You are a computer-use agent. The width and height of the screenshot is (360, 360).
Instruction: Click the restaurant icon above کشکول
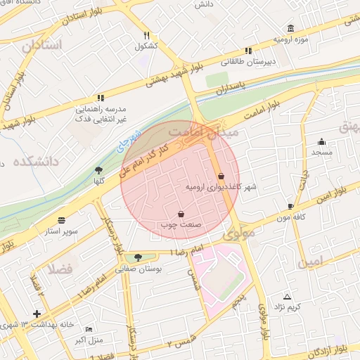[146, 35]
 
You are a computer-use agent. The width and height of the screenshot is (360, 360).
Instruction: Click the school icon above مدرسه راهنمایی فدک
[101, 97]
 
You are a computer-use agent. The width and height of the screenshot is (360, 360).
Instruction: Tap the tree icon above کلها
[98, 170]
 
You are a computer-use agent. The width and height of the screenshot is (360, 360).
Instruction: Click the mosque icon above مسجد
[322, 141]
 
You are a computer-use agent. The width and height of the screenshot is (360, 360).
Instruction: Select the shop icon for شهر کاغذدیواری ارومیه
[221, 176]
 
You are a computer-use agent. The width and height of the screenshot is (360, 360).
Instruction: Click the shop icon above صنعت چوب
[181, 213]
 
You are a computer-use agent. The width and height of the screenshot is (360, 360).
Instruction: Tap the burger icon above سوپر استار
[62, 219]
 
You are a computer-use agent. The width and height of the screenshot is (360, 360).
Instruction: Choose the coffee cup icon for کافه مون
[290, 206]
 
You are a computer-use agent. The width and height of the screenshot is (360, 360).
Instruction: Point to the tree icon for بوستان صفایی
[138, 257]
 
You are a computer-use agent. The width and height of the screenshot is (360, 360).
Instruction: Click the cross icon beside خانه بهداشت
[37, 314]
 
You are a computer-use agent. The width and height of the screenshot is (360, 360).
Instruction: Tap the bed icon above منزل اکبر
[88, 329]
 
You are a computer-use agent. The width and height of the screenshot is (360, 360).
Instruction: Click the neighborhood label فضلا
[60, 268]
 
